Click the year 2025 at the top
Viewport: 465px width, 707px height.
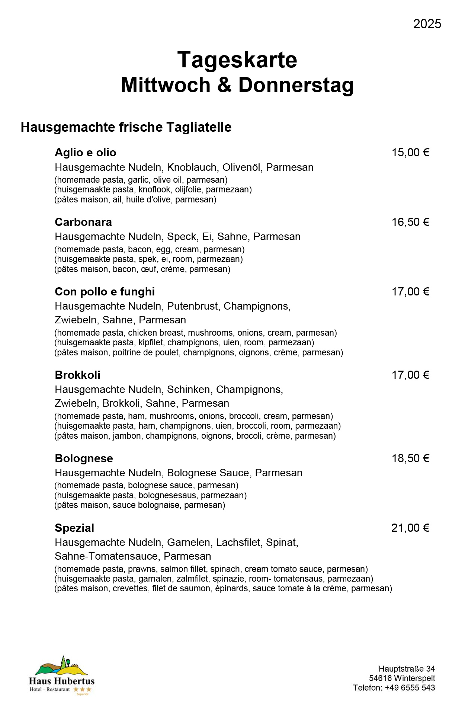[427, 24]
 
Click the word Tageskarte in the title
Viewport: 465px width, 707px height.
[237, 60]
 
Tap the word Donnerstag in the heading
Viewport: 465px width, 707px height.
[296, 85]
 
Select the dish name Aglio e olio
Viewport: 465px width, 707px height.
[85, 153]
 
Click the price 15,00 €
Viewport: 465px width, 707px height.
[410, 153]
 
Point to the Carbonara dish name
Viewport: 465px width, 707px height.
[83, 222]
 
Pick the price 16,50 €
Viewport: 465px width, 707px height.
[410, 222]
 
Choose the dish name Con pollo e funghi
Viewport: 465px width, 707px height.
[105, 292]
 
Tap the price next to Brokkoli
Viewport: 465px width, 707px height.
[410, 375]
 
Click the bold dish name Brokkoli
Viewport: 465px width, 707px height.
[77, 375]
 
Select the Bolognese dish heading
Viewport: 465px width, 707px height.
[84, 458]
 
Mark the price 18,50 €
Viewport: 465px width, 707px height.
[410, 458]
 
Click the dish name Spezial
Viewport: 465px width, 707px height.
[74, 528]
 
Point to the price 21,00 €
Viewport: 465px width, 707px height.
[410, 528]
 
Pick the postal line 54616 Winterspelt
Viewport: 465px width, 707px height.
[402, 678]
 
